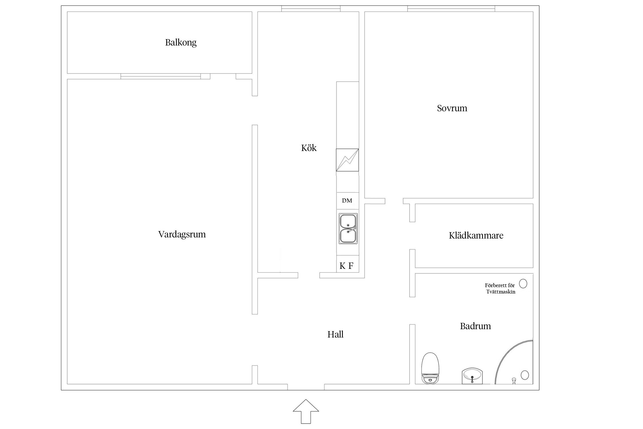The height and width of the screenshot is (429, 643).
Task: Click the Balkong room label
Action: tap(181, 43)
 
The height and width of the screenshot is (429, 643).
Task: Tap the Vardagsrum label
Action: tap(182, 235)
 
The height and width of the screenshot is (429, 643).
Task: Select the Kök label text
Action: tap(309, 148)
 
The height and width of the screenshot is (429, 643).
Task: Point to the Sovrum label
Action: tap(452, 108)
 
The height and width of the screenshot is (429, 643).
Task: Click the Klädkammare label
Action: tap(476, 235)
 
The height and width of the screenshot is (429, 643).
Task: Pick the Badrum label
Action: tap(476, 326)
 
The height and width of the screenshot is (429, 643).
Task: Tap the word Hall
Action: tap(336, 334)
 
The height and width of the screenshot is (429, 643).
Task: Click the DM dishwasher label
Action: tap(347, 201)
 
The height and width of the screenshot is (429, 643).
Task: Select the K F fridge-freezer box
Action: tap(348, 264)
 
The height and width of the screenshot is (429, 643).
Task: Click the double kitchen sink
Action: tap(348, 229)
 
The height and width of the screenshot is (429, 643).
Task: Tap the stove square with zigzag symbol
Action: tap(347, 160)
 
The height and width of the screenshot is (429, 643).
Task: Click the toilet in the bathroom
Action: tap(430, 368)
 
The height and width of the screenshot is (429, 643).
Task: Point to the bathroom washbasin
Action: tap(472, 376)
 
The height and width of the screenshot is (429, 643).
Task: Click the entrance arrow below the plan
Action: tap(306, 411)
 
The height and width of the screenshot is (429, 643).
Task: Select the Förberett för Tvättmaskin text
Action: tap(500, 289)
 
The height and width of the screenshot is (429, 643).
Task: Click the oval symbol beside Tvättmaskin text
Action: tap(523, 284)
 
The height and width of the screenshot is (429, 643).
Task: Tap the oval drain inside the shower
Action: tap(525, 375)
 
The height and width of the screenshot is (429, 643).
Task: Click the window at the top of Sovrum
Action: tap(451, 9)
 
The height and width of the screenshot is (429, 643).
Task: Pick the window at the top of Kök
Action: tap(311, 9)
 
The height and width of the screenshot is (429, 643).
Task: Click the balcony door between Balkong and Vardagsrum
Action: tap(161, 76)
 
